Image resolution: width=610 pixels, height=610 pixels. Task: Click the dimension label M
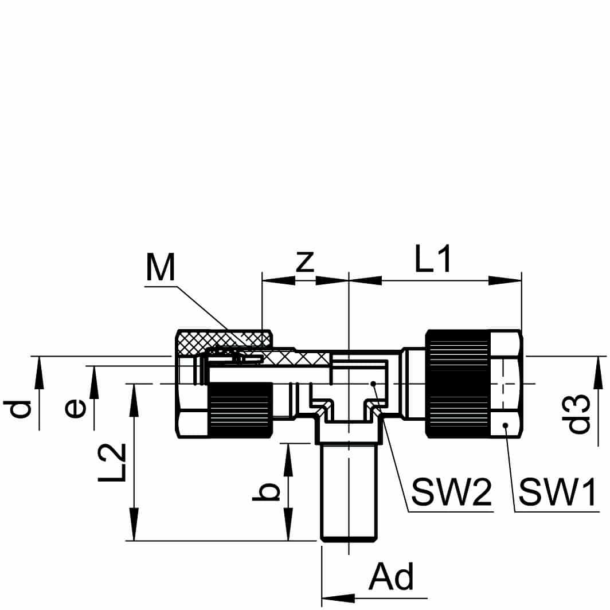click(161, 268)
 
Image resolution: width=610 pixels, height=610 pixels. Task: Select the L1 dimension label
click(434, 261)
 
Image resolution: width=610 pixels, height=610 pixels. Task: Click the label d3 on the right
click(580, 413)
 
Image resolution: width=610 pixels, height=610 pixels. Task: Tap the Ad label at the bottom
click(391, 578)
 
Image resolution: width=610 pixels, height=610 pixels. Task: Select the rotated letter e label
click(76, 408)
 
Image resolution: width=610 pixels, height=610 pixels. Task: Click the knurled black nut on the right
click(458, 384)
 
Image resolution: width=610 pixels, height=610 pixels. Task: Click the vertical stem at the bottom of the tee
click(349, 493)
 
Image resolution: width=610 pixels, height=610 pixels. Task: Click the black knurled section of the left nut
click(240, 411)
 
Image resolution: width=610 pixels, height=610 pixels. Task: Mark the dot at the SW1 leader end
click(505, 425)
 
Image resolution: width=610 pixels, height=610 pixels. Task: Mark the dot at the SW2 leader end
click(373, 384)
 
